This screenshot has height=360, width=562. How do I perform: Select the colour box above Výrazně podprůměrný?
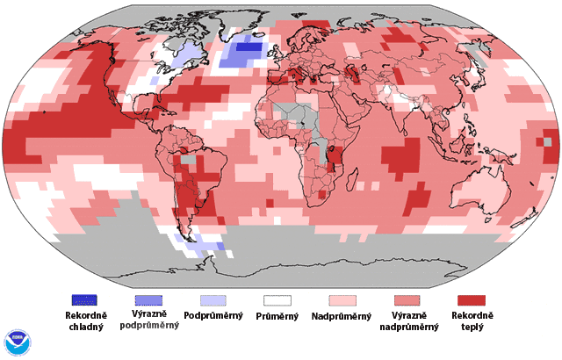(154, 300)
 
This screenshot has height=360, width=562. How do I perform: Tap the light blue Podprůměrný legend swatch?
(216, 300)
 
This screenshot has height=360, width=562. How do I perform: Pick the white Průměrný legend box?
(277, 300)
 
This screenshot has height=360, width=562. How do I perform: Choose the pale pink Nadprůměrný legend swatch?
(344, 300)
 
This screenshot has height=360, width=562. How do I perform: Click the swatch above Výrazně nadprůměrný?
(409, 300)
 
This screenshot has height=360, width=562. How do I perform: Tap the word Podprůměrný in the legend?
(216, 315)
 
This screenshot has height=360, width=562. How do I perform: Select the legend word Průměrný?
(277, 315)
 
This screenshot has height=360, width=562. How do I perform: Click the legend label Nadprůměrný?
(344, 315)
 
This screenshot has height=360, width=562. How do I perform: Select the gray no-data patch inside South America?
(187, 161)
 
